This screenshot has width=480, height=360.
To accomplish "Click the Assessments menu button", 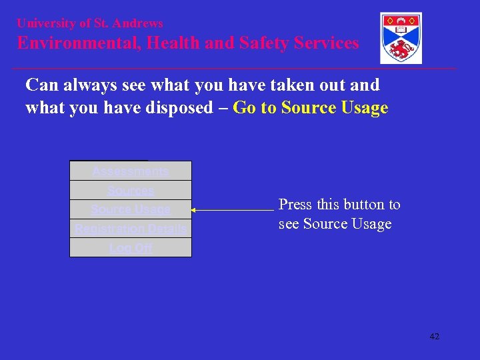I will (131, 171).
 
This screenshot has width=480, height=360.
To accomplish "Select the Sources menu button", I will (131, 191).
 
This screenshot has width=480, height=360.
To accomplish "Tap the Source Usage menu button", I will (131, 209).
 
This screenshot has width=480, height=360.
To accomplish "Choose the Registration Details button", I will (131, 229).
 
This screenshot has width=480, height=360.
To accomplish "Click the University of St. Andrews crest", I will (401, 38).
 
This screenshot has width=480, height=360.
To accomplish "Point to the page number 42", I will (435, 337).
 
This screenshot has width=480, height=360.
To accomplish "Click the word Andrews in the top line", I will (138, 23).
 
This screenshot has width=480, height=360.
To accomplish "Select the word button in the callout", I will (366, 205).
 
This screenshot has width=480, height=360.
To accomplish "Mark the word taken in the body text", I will (283, 85).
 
